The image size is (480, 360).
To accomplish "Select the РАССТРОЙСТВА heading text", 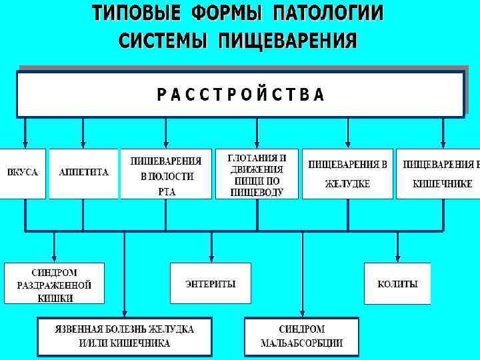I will point(241,95).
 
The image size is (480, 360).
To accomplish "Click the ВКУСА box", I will point(23,173).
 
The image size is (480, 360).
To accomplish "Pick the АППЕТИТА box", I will point(83,173).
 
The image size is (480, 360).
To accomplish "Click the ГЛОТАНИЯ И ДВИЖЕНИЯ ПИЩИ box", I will point(257,174).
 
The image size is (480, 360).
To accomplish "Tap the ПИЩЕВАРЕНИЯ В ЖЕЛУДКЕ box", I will point(347,174).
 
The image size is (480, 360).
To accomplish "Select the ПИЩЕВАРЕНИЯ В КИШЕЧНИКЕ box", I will point(438,174).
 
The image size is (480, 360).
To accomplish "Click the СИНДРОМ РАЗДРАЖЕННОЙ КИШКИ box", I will point(55,285).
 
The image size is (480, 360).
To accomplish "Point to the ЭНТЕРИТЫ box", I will point(211,284).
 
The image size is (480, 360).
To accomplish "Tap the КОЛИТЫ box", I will point(397,284).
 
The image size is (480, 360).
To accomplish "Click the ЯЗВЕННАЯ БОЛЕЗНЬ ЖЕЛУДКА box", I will point(125,337).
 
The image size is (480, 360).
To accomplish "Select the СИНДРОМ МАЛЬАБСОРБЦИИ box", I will point(301,337).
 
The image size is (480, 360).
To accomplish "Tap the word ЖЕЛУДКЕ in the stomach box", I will point(347,184).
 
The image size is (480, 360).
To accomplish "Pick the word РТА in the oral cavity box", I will point(166,191).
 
